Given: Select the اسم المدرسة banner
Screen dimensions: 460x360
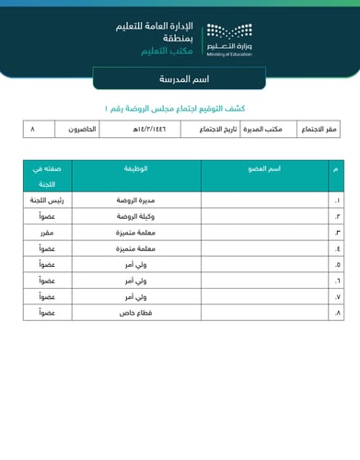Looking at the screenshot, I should [x=180, y=79].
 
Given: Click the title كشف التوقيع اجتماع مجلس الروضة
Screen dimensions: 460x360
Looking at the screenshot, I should [x=180, y=109].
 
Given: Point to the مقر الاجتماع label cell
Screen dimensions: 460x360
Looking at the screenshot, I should [x=319, y=130].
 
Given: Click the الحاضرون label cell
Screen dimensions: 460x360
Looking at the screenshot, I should [x=86, y=130].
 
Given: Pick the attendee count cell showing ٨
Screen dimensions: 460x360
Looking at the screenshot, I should [x=33, y=130].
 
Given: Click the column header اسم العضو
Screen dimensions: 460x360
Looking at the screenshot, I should [x=265, y=170].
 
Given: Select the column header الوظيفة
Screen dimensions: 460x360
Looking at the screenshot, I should [x=136, y=170].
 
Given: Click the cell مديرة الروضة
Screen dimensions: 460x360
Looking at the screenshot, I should [x=136, y=200].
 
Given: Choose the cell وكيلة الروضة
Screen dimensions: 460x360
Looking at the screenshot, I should [x=136, y=216].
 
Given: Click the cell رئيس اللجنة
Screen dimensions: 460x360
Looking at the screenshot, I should [x=47, y=200].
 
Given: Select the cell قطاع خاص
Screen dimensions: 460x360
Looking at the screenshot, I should [x=136, y=313].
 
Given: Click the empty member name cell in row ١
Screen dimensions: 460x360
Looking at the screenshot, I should [x=265, y=200].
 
